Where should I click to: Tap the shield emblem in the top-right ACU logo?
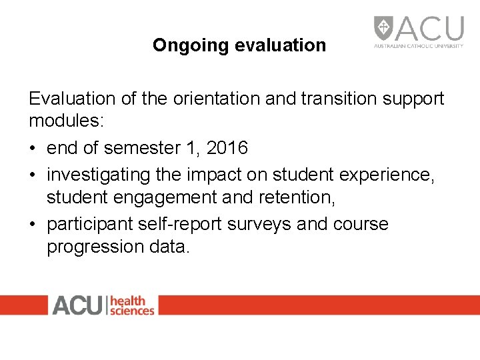point(383,29)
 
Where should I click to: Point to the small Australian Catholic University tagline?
point(418,47)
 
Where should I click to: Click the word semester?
point(135,148)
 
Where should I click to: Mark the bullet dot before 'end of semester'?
point(33,148)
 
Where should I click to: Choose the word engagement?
point(178,197)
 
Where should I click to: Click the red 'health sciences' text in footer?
point(131,305)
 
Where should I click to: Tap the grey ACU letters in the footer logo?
point(77,305)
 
